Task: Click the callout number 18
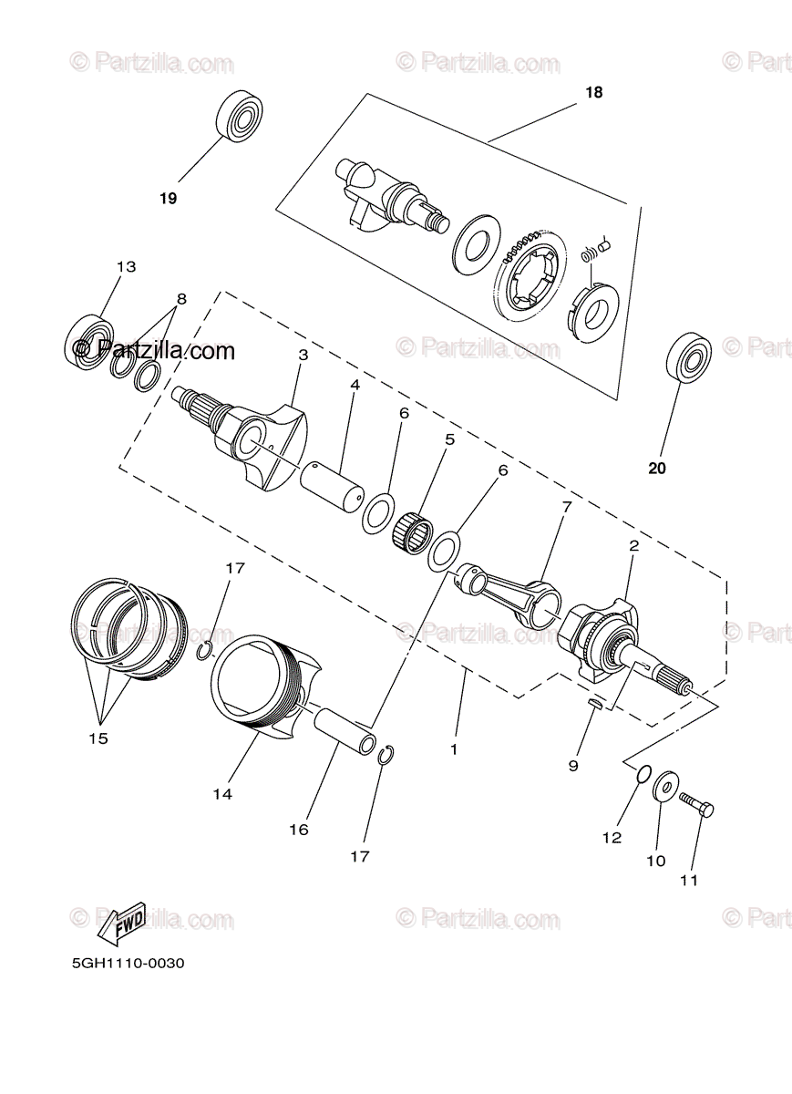click(x=594, y=93)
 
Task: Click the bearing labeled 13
click(x=89, y=342)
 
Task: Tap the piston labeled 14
click(x=269, y=684)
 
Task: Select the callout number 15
click(x=98, y=738)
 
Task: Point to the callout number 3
click(x=303, y=354)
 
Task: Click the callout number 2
click(x=633, y=547)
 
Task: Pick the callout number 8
click(x=181, y=298)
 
